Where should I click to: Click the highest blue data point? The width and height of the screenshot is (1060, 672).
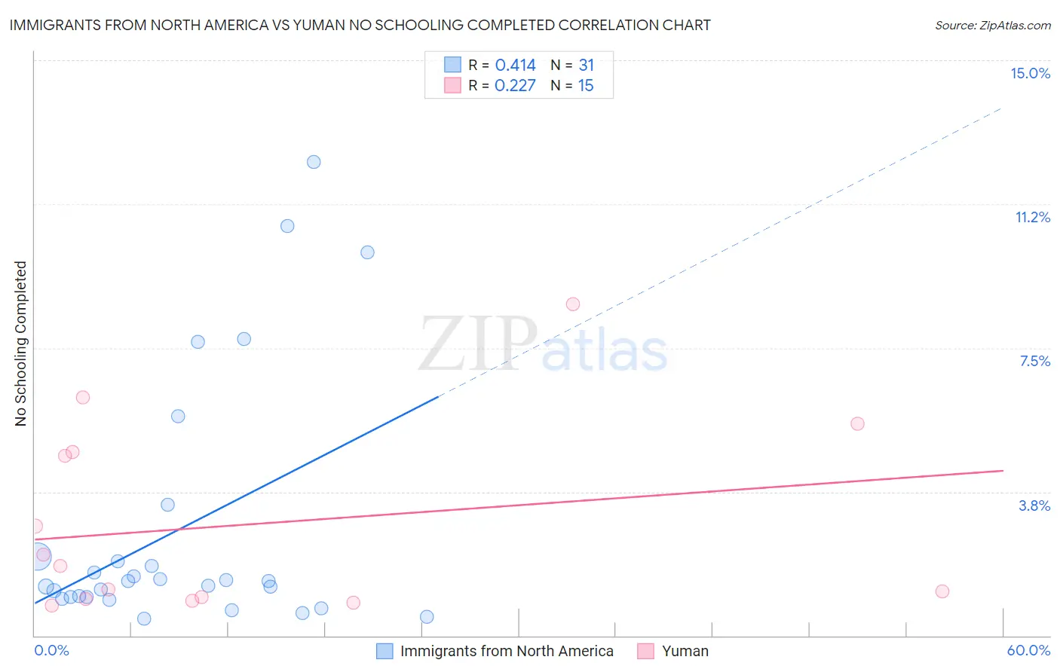click(314, 162)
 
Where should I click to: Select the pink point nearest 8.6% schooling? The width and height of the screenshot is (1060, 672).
click(573, 304)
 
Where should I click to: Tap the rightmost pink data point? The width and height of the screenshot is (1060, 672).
click(942, 591)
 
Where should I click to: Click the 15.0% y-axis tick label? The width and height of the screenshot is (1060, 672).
click(1030, 73)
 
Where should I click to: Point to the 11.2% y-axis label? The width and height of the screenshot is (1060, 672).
click(1032, 217)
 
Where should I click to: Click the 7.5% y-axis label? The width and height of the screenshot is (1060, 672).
click(1034, 361)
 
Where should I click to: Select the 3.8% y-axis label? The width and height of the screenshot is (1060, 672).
click(1034, 506)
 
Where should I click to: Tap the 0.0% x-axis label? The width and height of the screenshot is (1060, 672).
click(51, 650)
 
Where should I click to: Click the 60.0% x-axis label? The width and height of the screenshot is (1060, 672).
click(1028, 650)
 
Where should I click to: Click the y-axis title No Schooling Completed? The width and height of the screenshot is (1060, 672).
click(21, 344)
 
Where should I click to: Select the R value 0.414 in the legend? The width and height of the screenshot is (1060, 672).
click(515, 66)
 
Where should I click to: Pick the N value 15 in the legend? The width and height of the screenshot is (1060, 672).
click(586, 86)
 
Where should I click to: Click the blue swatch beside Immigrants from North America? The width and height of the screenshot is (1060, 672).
click(384, 651)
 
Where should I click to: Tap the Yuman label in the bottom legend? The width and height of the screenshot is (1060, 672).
click(685, 651)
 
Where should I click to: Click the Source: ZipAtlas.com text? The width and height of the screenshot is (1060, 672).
click(992, 26)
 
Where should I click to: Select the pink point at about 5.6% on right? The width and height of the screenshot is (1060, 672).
click(857, 423)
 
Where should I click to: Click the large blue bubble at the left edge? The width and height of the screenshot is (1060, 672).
click(38, 557)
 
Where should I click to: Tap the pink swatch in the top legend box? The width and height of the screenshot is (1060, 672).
click(452, 85)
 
